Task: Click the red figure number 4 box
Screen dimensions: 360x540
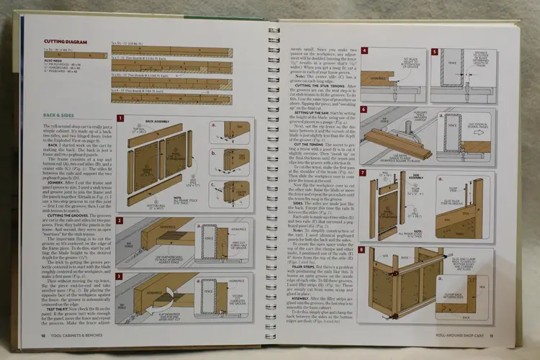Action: [366, 53]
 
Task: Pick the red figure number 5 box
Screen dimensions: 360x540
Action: [435, 53]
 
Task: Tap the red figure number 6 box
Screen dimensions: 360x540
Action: [366, 110]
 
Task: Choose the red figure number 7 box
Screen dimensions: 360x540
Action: [366, 173]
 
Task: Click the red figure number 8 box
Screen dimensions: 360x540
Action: [366, 249]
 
